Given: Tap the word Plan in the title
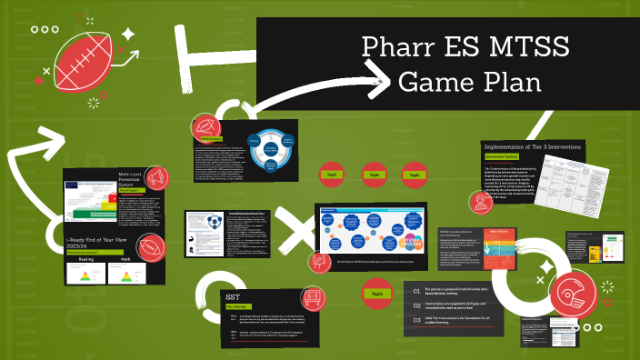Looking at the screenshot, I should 508,82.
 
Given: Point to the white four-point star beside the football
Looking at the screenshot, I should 128,35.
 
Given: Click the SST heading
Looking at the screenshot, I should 234,296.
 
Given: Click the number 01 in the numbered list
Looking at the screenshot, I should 415,291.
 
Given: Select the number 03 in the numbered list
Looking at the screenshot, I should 415,320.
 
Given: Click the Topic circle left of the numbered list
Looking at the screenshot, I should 375,294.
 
